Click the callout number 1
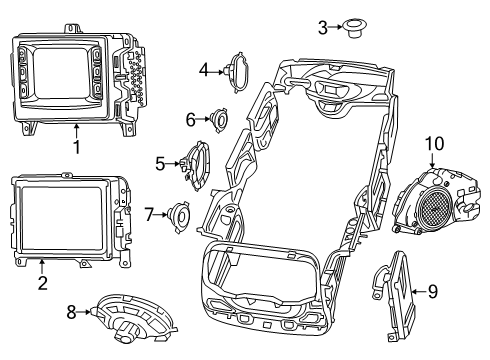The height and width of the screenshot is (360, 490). point(75,146)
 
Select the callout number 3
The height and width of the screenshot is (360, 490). point(323,27)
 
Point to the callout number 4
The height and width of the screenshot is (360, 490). point(203,70)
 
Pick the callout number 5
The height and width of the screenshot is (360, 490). point(160,162)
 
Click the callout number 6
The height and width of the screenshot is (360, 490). point(190,119)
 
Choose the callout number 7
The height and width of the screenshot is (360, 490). point(149,213)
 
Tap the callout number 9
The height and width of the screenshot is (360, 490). point(432,291)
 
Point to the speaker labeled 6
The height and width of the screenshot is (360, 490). point(216,120)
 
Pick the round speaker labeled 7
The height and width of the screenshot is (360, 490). point(180,214)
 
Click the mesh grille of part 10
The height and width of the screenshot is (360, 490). point(435,210)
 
